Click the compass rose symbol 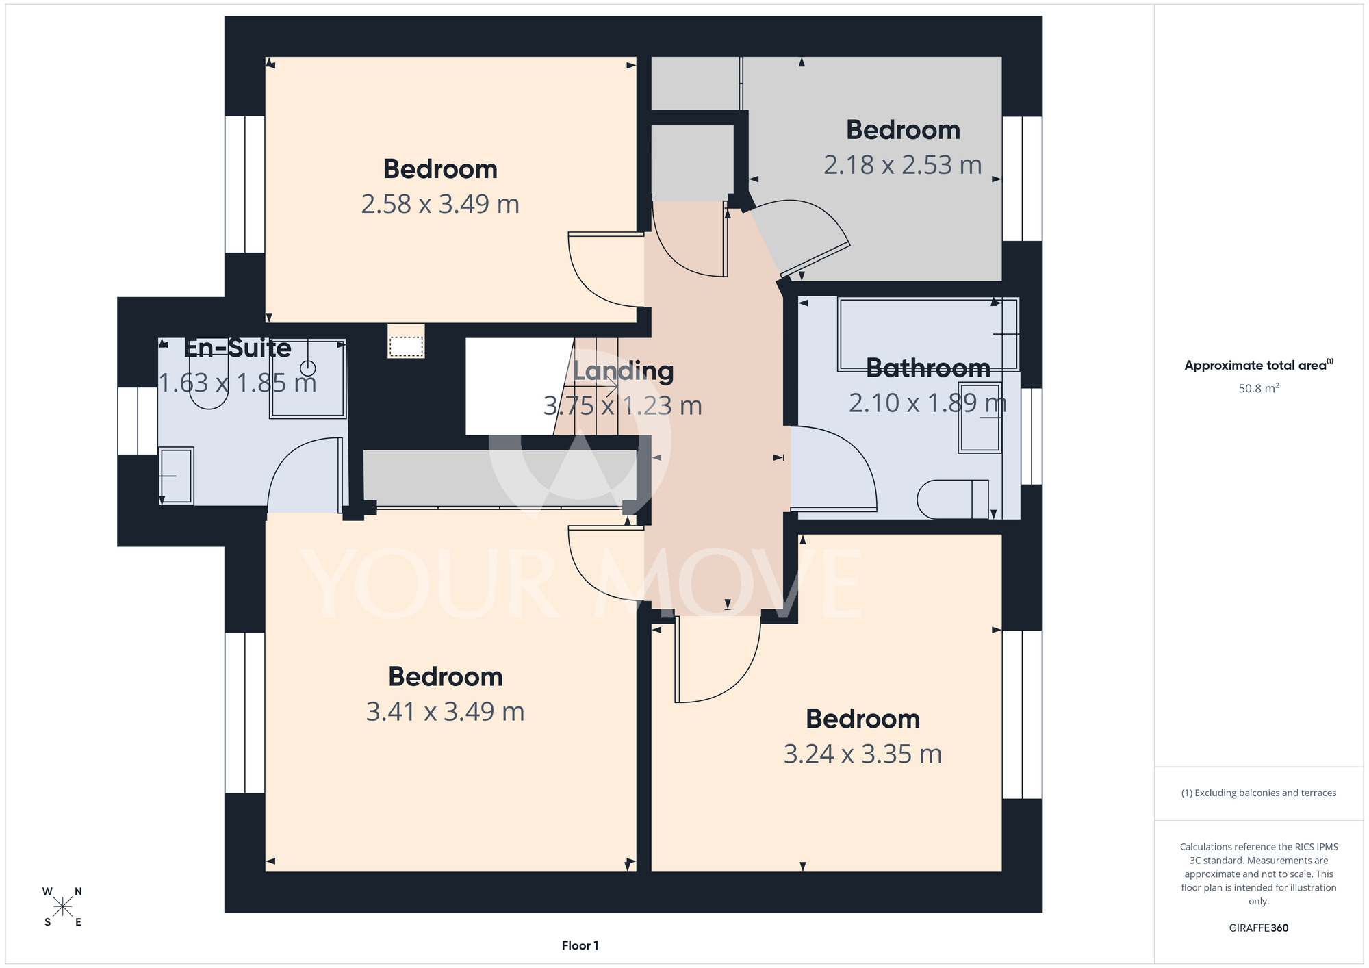[x=62, y=907]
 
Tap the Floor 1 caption [x=580, y=945]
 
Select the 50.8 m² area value [x=1258, y=388]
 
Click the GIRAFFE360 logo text [x=1258, y=928]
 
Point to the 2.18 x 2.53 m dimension [x=902, y=165]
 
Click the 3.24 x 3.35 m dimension [x=862, y=754]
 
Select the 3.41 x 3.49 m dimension [x=445, y=712]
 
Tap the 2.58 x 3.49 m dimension [x=440, y=204]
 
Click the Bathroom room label [x=928, y=368]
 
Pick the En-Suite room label [x=238, y=348]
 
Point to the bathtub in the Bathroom [x=927, y=334]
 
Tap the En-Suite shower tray [x=307, y=379]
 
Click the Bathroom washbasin [x=980, y=417]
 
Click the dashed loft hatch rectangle [x=406, y=346]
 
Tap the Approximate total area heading [x=1258, y=366]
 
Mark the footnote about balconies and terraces [x=1258, y=793]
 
